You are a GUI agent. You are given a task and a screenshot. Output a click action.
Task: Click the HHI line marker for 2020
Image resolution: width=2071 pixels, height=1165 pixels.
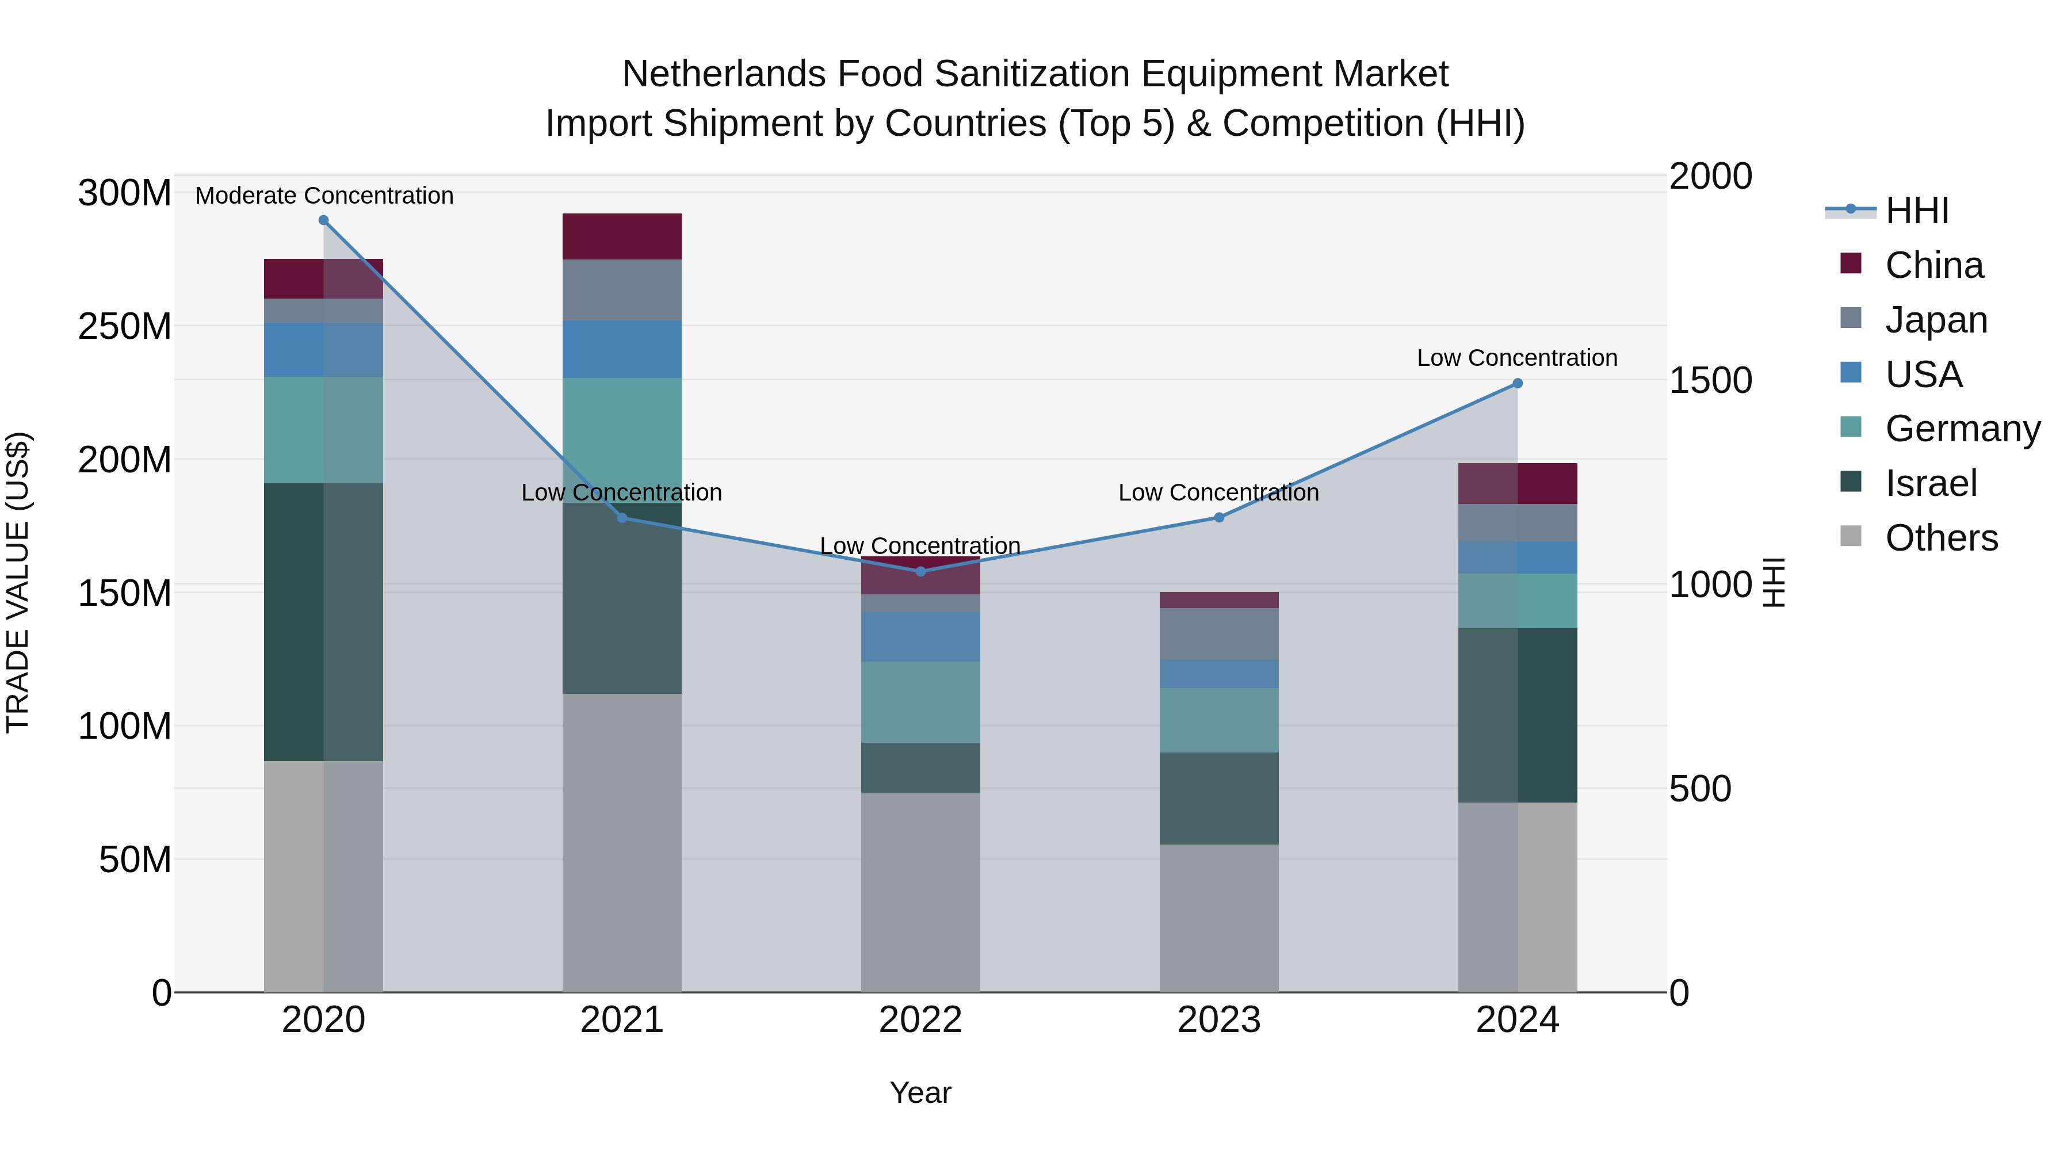323,220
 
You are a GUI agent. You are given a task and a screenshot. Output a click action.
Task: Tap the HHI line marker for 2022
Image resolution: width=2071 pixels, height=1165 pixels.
920,572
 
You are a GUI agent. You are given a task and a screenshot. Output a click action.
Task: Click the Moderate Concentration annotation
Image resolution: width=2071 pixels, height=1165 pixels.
324,196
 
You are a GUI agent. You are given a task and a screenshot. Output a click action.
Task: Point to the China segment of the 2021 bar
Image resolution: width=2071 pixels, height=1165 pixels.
621,236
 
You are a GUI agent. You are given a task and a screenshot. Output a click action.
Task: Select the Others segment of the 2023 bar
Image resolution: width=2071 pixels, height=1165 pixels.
1219,918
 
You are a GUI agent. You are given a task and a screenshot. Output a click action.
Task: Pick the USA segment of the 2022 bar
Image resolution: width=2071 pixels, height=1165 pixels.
920,637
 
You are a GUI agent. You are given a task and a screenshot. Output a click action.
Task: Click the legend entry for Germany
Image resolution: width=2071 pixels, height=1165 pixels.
1962,429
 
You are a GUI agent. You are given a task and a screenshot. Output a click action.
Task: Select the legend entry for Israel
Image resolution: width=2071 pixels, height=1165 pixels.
1929,483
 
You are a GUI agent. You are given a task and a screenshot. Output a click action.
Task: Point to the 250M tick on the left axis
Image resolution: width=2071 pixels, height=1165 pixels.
125,326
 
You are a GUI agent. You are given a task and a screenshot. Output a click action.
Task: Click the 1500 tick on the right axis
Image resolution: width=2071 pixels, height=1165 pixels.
1710,380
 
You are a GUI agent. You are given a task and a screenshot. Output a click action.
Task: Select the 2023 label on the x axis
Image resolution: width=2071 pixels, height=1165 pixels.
1219,1020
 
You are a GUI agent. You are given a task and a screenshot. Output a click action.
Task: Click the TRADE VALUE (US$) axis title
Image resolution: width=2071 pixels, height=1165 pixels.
18,582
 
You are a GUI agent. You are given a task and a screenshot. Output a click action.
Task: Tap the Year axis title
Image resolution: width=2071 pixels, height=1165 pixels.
920,1093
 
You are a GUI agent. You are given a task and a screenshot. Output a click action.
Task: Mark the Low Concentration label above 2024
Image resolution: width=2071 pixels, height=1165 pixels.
1516,358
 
